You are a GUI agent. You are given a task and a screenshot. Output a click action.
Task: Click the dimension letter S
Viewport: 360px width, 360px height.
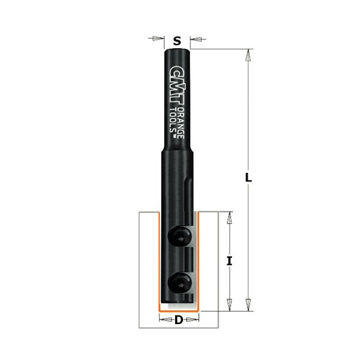[177, 41]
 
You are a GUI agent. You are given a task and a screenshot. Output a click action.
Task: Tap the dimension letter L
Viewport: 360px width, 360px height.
[248, 178]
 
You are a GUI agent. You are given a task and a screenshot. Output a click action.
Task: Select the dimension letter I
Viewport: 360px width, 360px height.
[230, 261]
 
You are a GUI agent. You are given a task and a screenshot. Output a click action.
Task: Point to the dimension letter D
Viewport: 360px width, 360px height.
[179, 320]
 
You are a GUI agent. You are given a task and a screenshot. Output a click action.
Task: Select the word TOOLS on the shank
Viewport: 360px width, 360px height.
[173, 120]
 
